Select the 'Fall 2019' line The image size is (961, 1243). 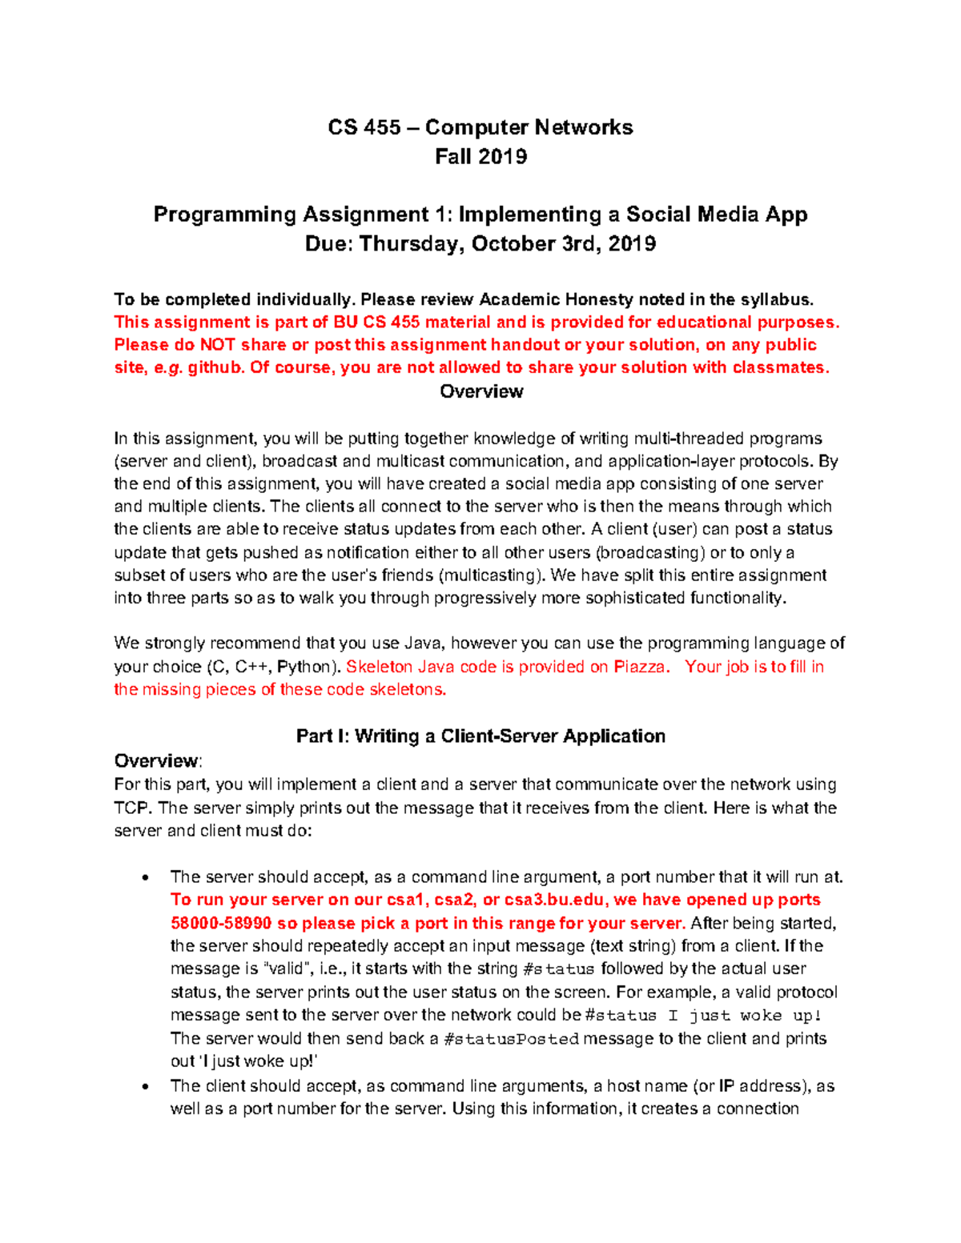[480, 157]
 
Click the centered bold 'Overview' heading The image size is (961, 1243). [481, 391]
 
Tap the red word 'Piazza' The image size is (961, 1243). [639, 667]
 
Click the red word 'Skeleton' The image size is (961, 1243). [380, 667]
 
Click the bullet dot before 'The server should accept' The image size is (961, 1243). [145, 878]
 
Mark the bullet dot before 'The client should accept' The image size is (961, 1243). [145, 1087]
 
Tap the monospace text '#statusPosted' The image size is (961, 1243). [511, 1039]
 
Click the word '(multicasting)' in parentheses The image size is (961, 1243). [490, 575]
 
